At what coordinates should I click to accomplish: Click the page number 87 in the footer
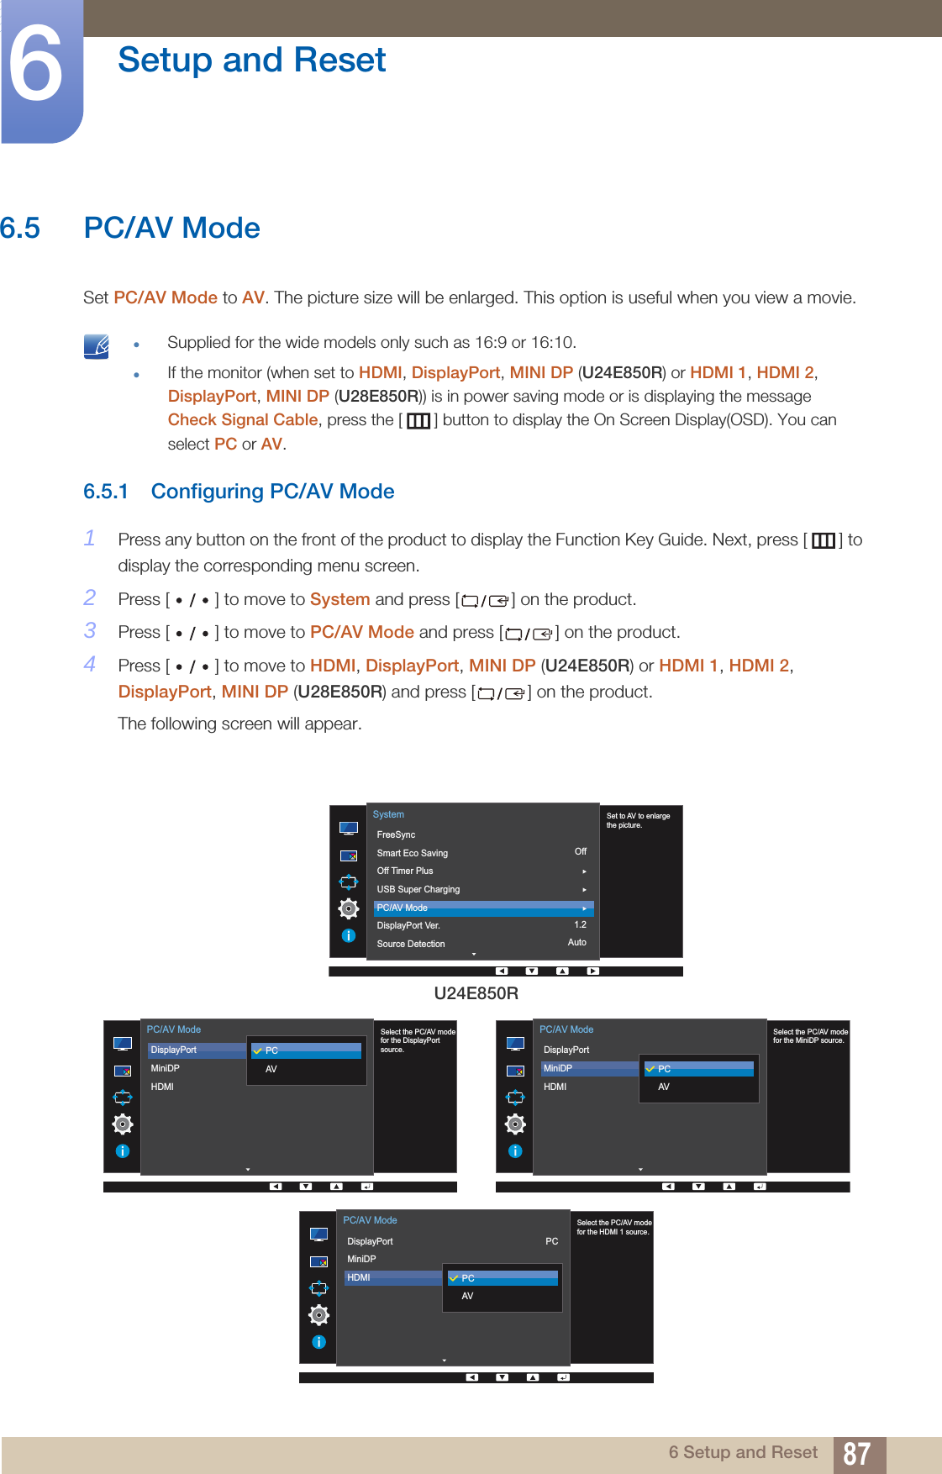[856, 1454]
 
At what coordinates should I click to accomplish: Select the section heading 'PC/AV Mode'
[171, 228]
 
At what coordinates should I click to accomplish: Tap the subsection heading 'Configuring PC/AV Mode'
[272, 492]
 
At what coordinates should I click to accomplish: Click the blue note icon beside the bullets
[97, 346]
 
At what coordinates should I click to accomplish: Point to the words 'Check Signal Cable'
[242, 420]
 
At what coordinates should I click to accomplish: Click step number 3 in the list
[90, 631]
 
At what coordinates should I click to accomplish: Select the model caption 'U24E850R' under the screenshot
[476, 993]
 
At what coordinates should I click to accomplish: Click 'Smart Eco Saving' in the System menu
[412, 853]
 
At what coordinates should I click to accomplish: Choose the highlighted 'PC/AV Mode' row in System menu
[482, 908]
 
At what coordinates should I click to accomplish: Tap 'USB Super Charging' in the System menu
[418, 889]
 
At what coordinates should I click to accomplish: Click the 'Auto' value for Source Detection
[576, 943]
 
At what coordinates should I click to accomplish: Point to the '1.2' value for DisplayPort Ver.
[580, 924]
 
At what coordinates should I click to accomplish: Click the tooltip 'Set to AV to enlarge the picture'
[638, 820]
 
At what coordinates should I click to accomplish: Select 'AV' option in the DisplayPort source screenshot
[271, 1069]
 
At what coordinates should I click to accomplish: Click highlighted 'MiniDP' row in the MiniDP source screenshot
[588, 1069]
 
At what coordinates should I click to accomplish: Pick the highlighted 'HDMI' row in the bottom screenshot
[392, 1277]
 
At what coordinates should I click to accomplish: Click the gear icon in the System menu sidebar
[348, 908]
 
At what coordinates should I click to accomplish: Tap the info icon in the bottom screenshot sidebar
[318, 1342]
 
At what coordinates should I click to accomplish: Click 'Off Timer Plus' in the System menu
[404, 871]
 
